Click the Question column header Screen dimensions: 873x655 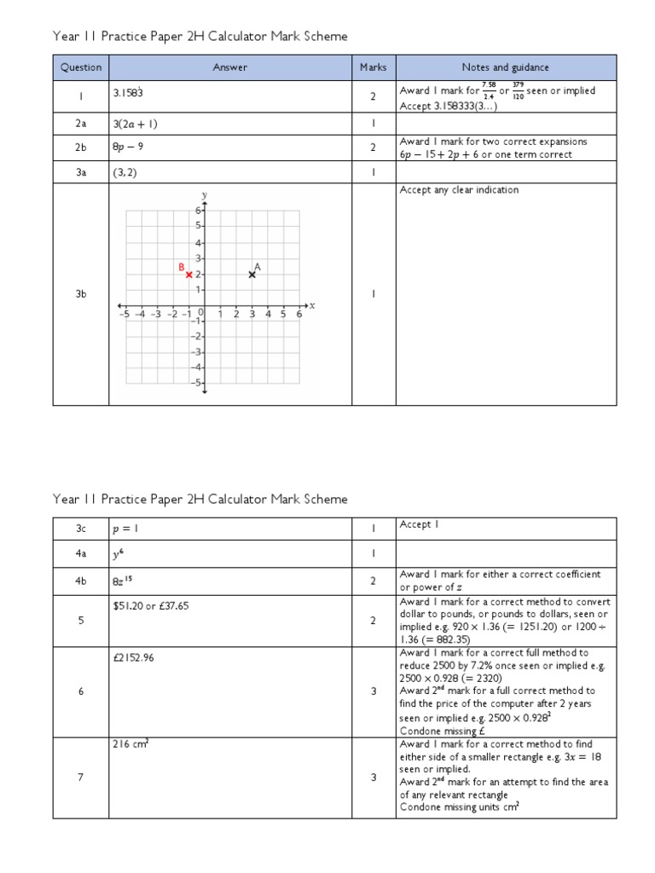point(81,67)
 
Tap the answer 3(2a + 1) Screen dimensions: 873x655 point(136,124)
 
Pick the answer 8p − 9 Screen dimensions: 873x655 point(128,147)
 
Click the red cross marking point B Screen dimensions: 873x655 point(188,275)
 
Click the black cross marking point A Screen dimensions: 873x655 point(252,275)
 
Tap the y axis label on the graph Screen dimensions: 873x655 point(205,195)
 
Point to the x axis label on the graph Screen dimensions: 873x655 point(313,305)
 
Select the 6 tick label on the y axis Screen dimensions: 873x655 point(197,211)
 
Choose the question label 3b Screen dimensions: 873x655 point(81,294)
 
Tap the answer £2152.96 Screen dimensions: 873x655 point(135,657)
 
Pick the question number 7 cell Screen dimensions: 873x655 point(81,778)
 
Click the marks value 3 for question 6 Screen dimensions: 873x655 point(374,691)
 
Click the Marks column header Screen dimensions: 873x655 point(373,67)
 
